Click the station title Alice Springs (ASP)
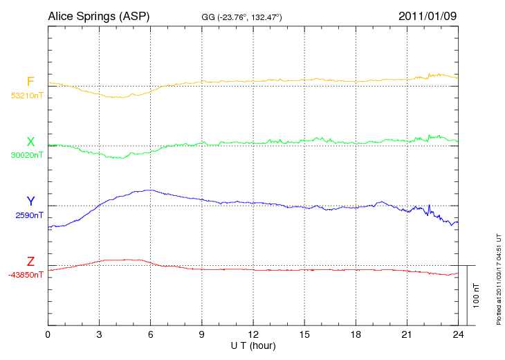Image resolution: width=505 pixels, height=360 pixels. pyautogui.click(x=98, y=15)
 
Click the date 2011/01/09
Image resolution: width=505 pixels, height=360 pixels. pyautogui.click(x=428, y=15)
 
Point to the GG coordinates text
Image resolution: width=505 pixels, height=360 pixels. pyautogui.click(x=241, y=17)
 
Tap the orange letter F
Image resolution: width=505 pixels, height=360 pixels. pyautogui.click(x=30, y=82)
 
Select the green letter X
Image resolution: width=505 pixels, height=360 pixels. pyautogui.click(x=30, y=142)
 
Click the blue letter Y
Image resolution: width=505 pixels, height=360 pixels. pyautogui.click(x=30, y=201)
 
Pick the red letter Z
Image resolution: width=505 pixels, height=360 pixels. pyautogui.click(x=30, y=262)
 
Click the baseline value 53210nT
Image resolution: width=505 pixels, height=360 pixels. pyautogui.click(x=26, y=95)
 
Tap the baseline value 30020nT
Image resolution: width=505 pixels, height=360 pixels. pyautogui.click(x=26, y=155)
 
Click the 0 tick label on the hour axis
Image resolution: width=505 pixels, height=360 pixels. pyautogui.click(x=48, y=335)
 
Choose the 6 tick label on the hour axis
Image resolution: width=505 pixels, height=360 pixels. pyautogui.click(x=151, y=335)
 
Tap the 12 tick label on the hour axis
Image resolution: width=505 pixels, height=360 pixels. pyautogui.click(x=253, y=335)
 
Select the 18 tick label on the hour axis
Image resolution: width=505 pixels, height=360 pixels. pyautogui.click(x=356, y=335)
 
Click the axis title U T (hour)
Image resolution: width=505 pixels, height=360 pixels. pyautogui.click(x=253, y=345)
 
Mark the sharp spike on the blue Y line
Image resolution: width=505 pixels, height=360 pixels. pyautogui.click(x=430, y=206)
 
